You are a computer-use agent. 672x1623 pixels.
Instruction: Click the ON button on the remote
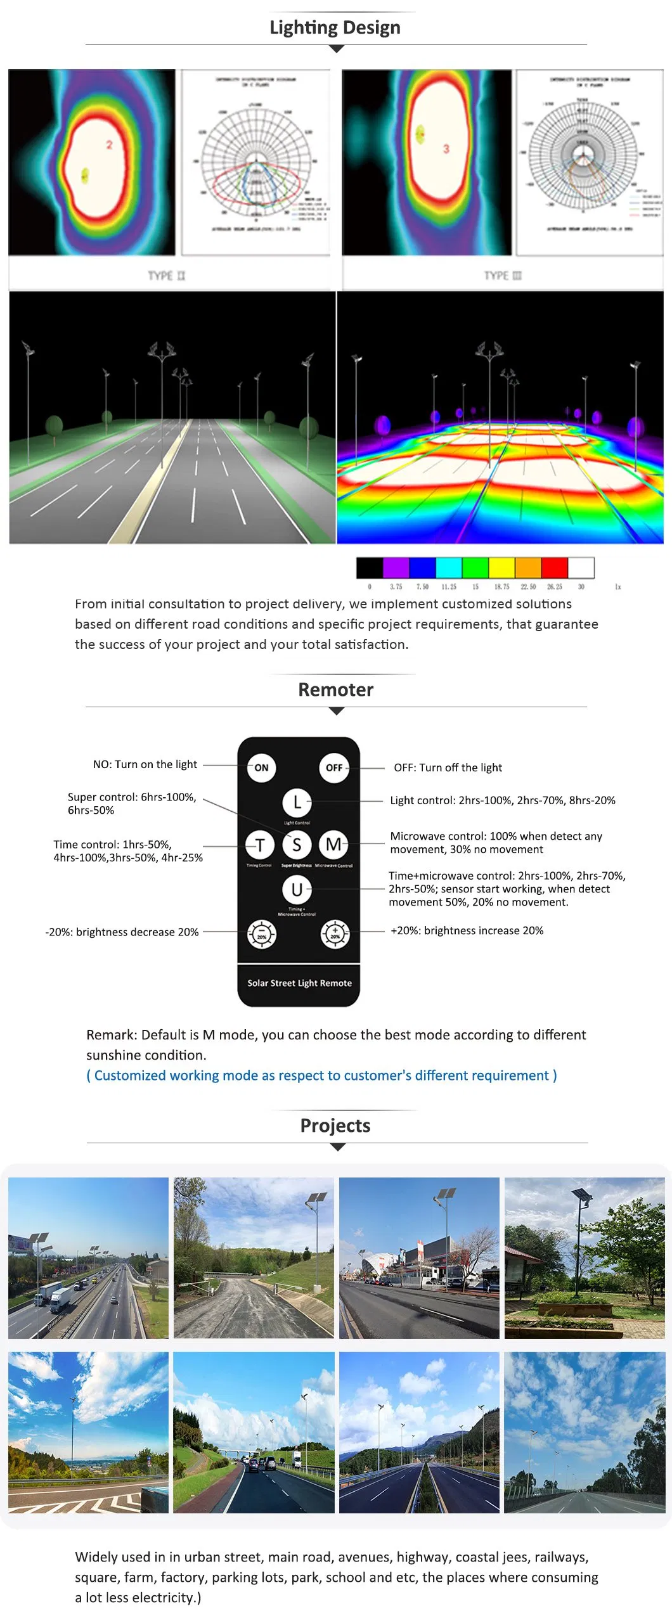pyautogui.click(x=261, y=767)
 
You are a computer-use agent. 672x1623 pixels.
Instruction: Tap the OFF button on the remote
pyautogui.click(x=334, y=767)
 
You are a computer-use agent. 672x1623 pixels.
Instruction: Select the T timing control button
pyautogui.click(x=260, y=844)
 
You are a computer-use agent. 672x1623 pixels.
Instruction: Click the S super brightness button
pyautogui.click(x=297, y=844)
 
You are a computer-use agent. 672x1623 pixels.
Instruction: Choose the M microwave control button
pyautogui.click(x=333, y=844)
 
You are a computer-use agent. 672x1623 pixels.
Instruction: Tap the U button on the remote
pyautogui.click(x=297, y=889)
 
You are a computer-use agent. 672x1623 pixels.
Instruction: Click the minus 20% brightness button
pyautogui.click(x=261, y=934)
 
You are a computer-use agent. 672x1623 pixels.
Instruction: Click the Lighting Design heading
pyautogui.click(x=335, y=27)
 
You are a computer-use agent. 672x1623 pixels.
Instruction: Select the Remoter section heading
pyautogui.click(x=335, y=690)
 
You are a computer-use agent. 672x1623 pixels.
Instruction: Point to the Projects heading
pyautogui.click(x=335, y=1126)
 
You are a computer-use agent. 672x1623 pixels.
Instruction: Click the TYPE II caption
pyautogui.click(x=167, y=276)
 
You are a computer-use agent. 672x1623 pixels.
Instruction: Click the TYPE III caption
pyautogui.click(x=503, y=276)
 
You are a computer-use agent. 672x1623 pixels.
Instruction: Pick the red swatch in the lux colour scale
pyautogui.click(x=554, y=567)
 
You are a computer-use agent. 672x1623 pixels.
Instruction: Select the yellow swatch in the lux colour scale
pyautogui.click(x=501, y=567)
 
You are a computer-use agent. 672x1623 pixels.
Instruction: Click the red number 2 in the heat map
pyautogui.click(x=109, y=145)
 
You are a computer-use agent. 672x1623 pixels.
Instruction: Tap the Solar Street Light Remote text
pyautogui.click(x=299, y=983)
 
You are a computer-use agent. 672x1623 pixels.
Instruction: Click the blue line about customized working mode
pyautogui.click(x=321, y=1075)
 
